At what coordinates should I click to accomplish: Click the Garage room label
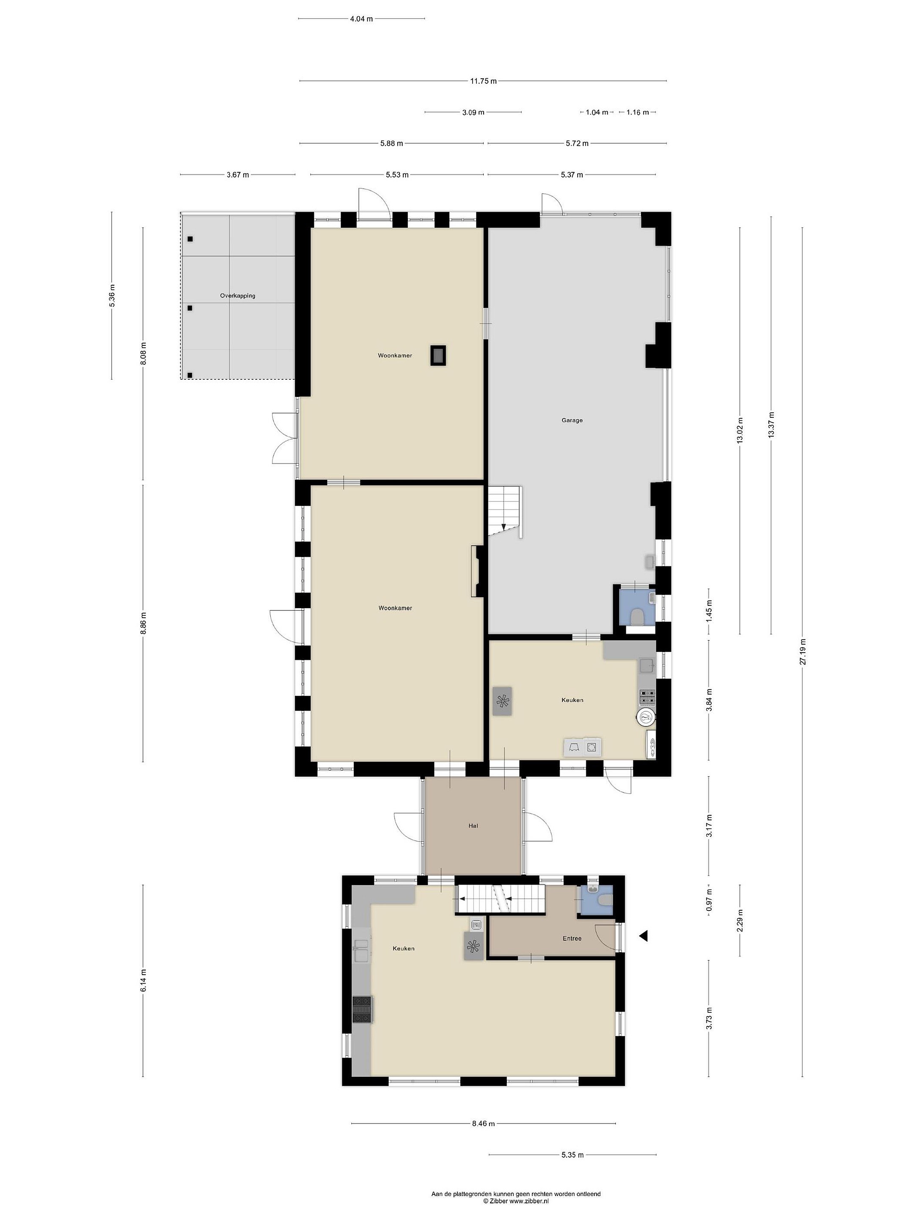tap(572, 420)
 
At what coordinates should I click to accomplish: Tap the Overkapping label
tap(237, 295)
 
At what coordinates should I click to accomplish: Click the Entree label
tap(572, 938)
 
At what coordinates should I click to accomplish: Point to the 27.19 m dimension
tap(802, 651)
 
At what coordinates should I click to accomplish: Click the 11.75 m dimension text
tap(483, 81)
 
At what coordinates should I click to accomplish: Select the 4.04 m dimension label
tap(361, 19)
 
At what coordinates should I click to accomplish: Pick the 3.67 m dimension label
tap(237, 175)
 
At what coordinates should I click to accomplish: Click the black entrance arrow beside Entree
tap(643, 935)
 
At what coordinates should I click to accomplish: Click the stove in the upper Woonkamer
tap(438, 356)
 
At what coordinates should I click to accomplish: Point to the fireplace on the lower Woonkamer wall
tap(477, 571)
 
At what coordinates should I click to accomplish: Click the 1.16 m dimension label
tap(637, 113)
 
